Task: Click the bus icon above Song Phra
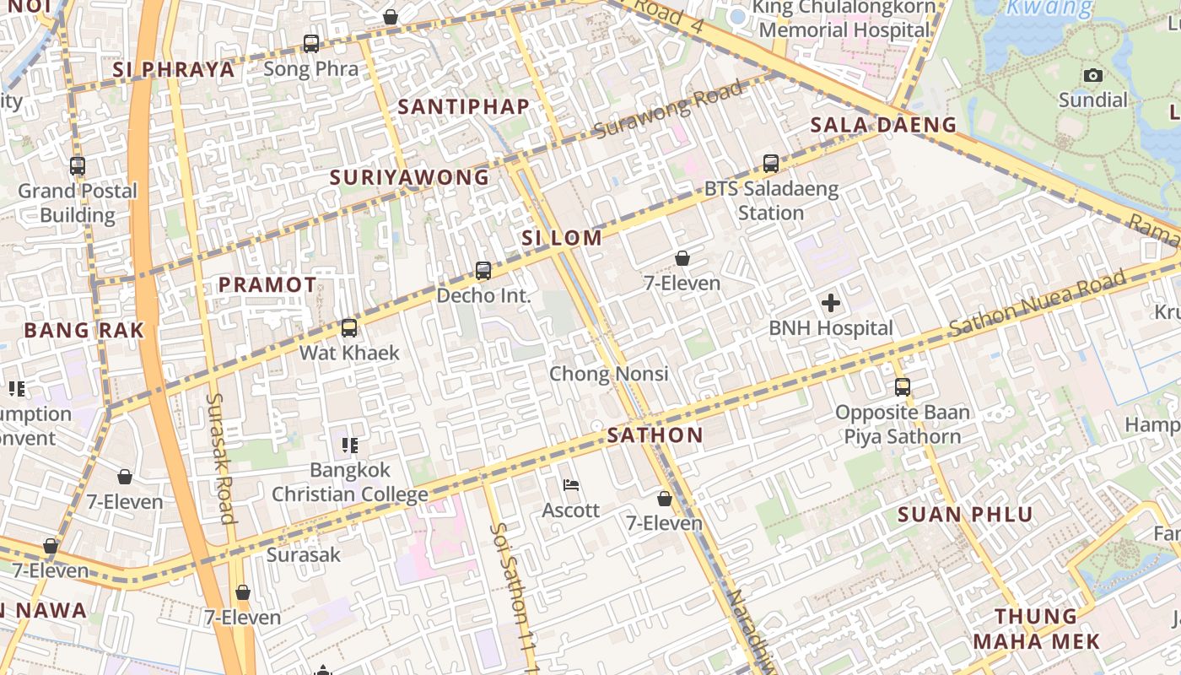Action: [x=311, y=43]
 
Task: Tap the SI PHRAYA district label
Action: [x=174, y=70]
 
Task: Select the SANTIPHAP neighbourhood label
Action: [x=464, y=106]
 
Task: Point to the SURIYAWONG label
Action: [x=409, y=177]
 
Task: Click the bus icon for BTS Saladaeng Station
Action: [x=770, y=164]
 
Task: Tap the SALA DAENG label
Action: [x=883, y=126]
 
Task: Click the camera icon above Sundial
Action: [x=1093, y=75]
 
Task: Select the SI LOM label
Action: [x=562, y=238]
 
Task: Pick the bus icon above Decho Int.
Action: [x=483, y=271]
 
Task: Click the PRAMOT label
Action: [x=267, y=285]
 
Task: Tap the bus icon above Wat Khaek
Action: [x=349, y=328]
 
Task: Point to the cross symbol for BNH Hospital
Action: [x=831, y=302]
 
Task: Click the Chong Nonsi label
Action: [x=609, y=374]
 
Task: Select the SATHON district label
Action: [x=655, y=435]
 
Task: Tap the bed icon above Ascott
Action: [x=571, y=485]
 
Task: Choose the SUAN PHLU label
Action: [x=965, y=515]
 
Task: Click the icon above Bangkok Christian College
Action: [x=349, y=445]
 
